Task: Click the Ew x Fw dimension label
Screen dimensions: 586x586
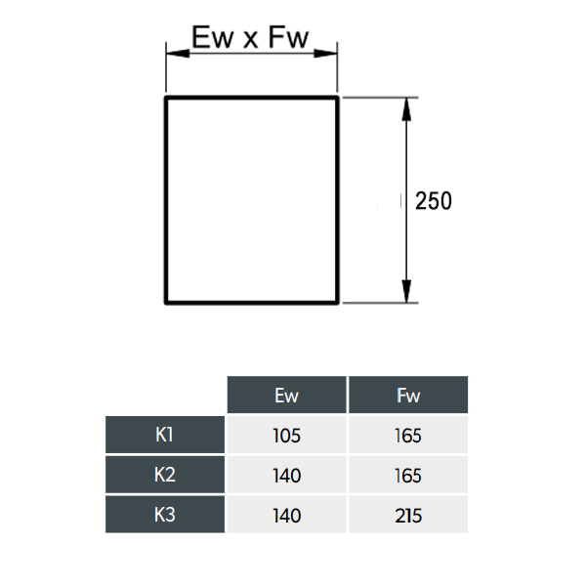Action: pos(250,37)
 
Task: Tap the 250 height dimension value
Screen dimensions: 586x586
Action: pos(434,201)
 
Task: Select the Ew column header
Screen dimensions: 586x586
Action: pos(286,395)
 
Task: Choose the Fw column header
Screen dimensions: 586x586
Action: pos(408,395)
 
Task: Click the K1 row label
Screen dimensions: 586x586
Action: pos(164,435)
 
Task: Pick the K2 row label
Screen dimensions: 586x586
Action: pos(165,475)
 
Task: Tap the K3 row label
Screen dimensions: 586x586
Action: pos(165,515)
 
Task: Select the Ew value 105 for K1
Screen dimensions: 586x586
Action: pos(286,436)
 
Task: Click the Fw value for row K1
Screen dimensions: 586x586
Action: pos(408,436)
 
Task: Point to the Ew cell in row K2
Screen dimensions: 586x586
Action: pos(286,476)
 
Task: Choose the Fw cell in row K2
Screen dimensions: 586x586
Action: pos(408,476)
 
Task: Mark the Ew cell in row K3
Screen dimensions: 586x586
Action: pos(286,516)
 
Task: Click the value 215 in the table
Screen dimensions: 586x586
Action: pos(408,516)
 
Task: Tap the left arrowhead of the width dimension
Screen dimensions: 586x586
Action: pos(178,54)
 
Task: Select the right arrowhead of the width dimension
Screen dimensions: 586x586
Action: pos(325,54)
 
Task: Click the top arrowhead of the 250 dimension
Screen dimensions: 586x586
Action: pos(406,109)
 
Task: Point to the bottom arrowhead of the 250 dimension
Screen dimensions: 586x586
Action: pos(406,291)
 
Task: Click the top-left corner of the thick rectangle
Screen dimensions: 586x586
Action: pos(166,98)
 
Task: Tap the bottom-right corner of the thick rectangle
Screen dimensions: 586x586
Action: pos(338,303)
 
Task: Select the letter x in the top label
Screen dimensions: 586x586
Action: pos(251,41)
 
